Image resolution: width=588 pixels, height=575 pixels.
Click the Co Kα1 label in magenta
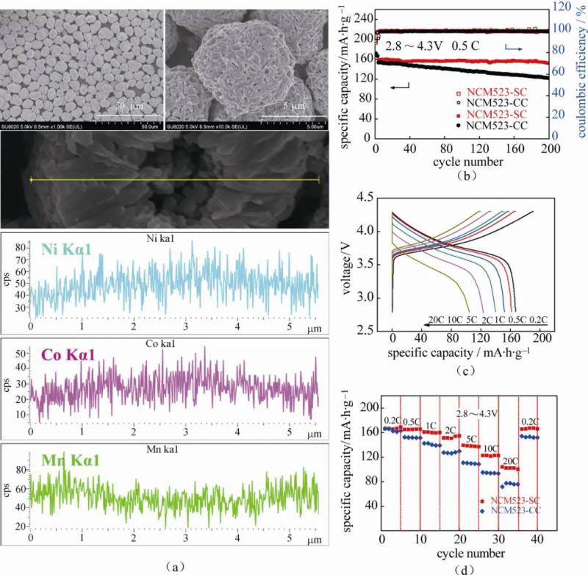pyautogui.click(x=61, y=357)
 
